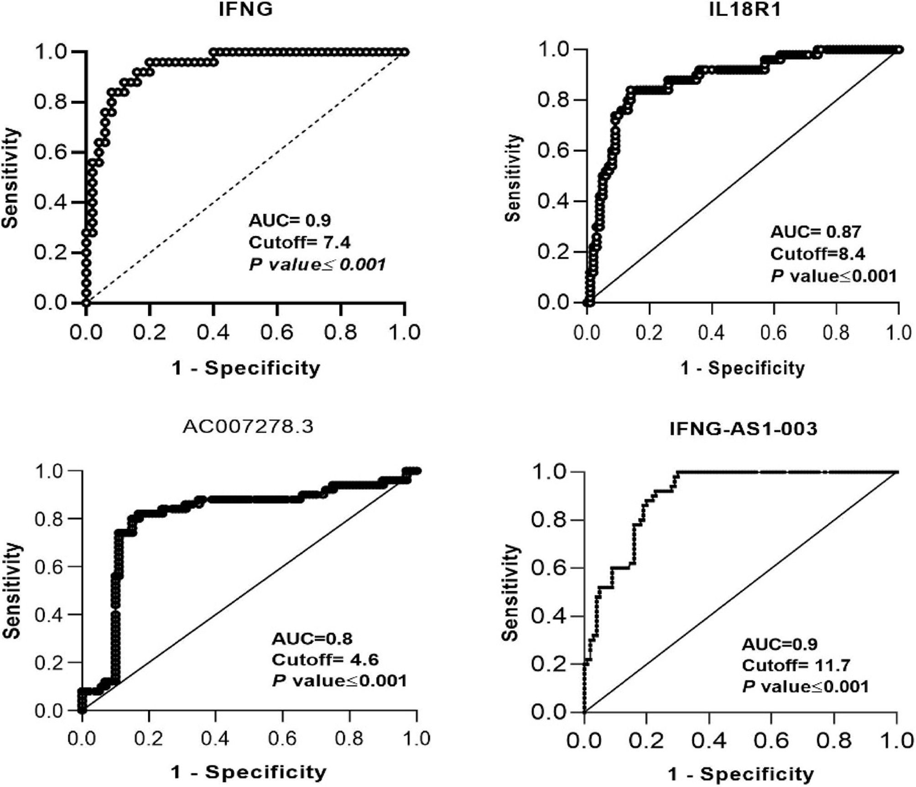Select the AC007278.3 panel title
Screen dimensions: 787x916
tap(248, 427)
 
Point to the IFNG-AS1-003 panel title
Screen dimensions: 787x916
tap(743, 429)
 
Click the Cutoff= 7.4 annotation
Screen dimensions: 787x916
tap(299, 242)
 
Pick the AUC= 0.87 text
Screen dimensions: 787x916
tap(816, 232)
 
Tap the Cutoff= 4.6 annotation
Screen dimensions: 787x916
tap(325, 660)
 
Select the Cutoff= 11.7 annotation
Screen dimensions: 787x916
tap(796, 666)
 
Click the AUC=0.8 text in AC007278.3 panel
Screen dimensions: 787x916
tap(312, 639)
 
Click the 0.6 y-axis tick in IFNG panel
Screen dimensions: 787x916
tap(51, 152)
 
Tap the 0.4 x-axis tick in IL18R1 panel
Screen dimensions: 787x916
tap(711, 333)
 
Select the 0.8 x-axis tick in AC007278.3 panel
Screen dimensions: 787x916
tap(349, 738)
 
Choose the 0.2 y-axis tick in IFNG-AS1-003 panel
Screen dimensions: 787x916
tap(548, 664)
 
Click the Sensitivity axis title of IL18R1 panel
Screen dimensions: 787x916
tap(513, 178)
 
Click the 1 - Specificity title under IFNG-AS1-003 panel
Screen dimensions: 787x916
tap(741, 774)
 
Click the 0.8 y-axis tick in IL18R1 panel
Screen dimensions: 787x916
tap(554, 100)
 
